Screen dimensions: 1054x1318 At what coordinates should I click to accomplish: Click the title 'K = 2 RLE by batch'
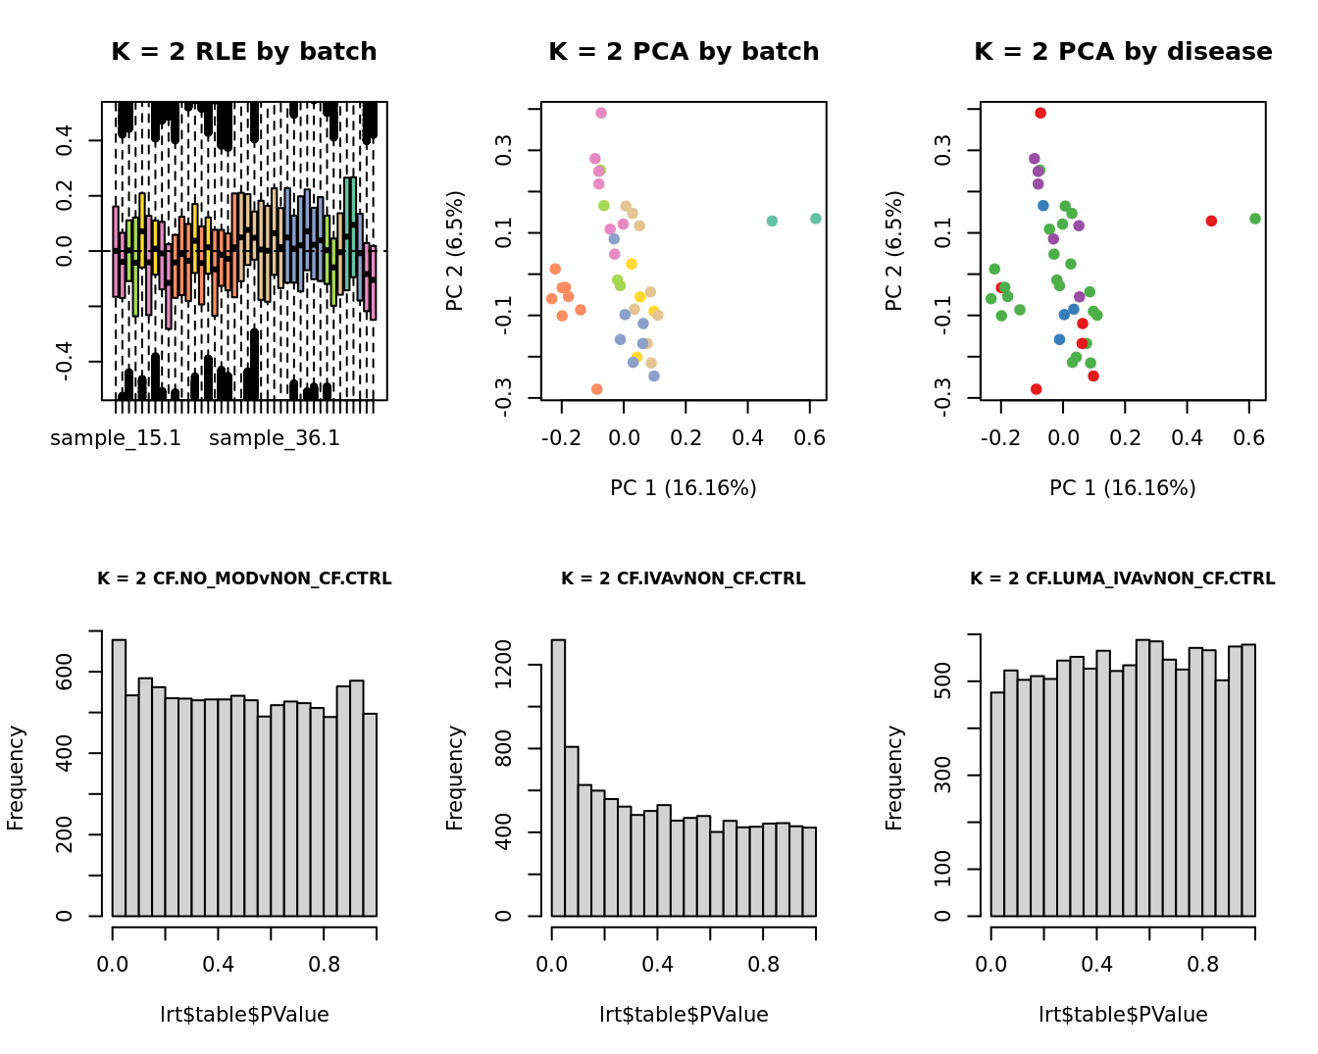(x=243, y=52)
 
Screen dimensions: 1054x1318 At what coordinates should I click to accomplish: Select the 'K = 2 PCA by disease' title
(x=1123, y=52)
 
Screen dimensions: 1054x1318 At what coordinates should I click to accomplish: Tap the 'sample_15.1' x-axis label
(x=116, y=438)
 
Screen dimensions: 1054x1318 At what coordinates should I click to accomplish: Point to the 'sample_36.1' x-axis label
(x=275, y=438)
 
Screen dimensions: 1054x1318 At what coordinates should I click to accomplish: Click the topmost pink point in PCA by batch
(x=601, y=113)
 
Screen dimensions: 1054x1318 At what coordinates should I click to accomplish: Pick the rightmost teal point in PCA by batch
(x=816, y=219)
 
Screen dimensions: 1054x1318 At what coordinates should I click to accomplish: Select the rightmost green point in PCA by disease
(x=1255, y=219)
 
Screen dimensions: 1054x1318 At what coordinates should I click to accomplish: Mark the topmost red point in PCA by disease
(x=1040, y=113)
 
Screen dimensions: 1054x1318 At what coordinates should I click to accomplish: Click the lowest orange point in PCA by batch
(x=597, y=389)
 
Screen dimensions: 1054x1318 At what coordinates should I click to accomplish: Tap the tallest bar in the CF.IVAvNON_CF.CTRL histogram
(x=558, y=778)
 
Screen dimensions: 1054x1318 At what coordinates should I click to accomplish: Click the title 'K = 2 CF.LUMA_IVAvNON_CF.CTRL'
(x=1123, y=579)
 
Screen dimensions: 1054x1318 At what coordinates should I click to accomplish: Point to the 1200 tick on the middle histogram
(x=505, y=666)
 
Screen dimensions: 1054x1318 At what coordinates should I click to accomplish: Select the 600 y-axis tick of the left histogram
(x=66, y=672)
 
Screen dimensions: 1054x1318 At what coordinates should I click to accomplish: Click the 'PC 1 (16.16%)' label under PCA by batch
(x=684, y=488)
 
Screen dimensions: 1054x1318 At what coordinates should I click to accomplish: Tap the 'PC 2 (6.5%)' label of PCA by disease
(x=894, y=251)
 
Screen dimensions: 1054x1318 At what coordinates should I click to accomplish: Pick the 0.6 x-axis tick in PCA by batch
(x=810, y=437)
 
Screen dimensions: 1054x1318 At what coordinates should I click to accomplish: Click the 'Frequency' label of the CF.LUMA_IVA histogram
(x=894, y=778)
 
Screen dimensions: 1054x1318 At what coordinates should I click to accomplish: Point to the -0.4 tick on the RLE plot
(x=66, y=362)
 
